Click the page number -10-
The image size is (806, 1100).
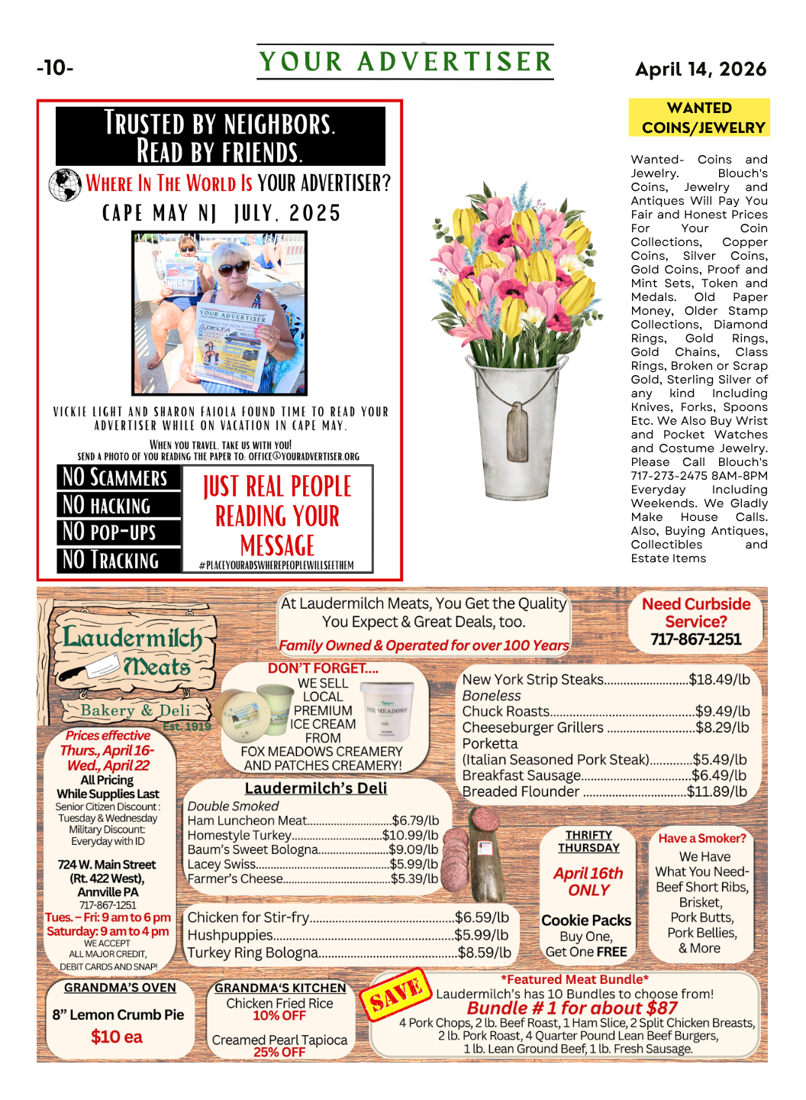55,68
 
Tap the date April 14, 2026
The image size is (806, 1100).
701,70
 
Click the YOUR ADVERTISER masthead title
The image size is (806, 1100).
405,62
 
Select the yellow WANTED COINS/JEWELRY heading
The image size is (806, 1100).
699,118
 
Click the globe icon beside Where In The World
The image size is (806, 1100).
66,185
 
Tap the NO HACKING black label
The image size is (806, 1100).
118,505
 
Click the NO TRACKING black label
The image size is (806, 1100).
118,560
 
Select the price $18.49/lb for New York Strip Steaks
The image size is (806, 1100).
719,679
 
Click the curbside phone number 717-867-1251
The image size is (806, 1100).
695,639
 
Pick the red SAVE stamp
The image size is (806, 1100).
395,994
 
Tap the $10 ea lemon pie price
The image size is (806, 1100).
117,1037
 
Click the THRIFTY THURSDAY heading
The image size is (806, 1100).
588,841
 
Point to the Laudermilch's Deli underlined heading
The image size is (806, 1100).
316,788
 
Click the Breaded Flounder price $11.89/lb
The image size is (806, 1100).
717,792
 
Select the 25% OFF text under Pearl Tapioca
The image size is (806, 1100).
279,1052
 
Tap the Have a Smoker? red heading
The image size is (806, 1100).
702,838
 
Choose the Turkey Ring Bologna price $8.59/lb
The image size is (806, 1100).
485,953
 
